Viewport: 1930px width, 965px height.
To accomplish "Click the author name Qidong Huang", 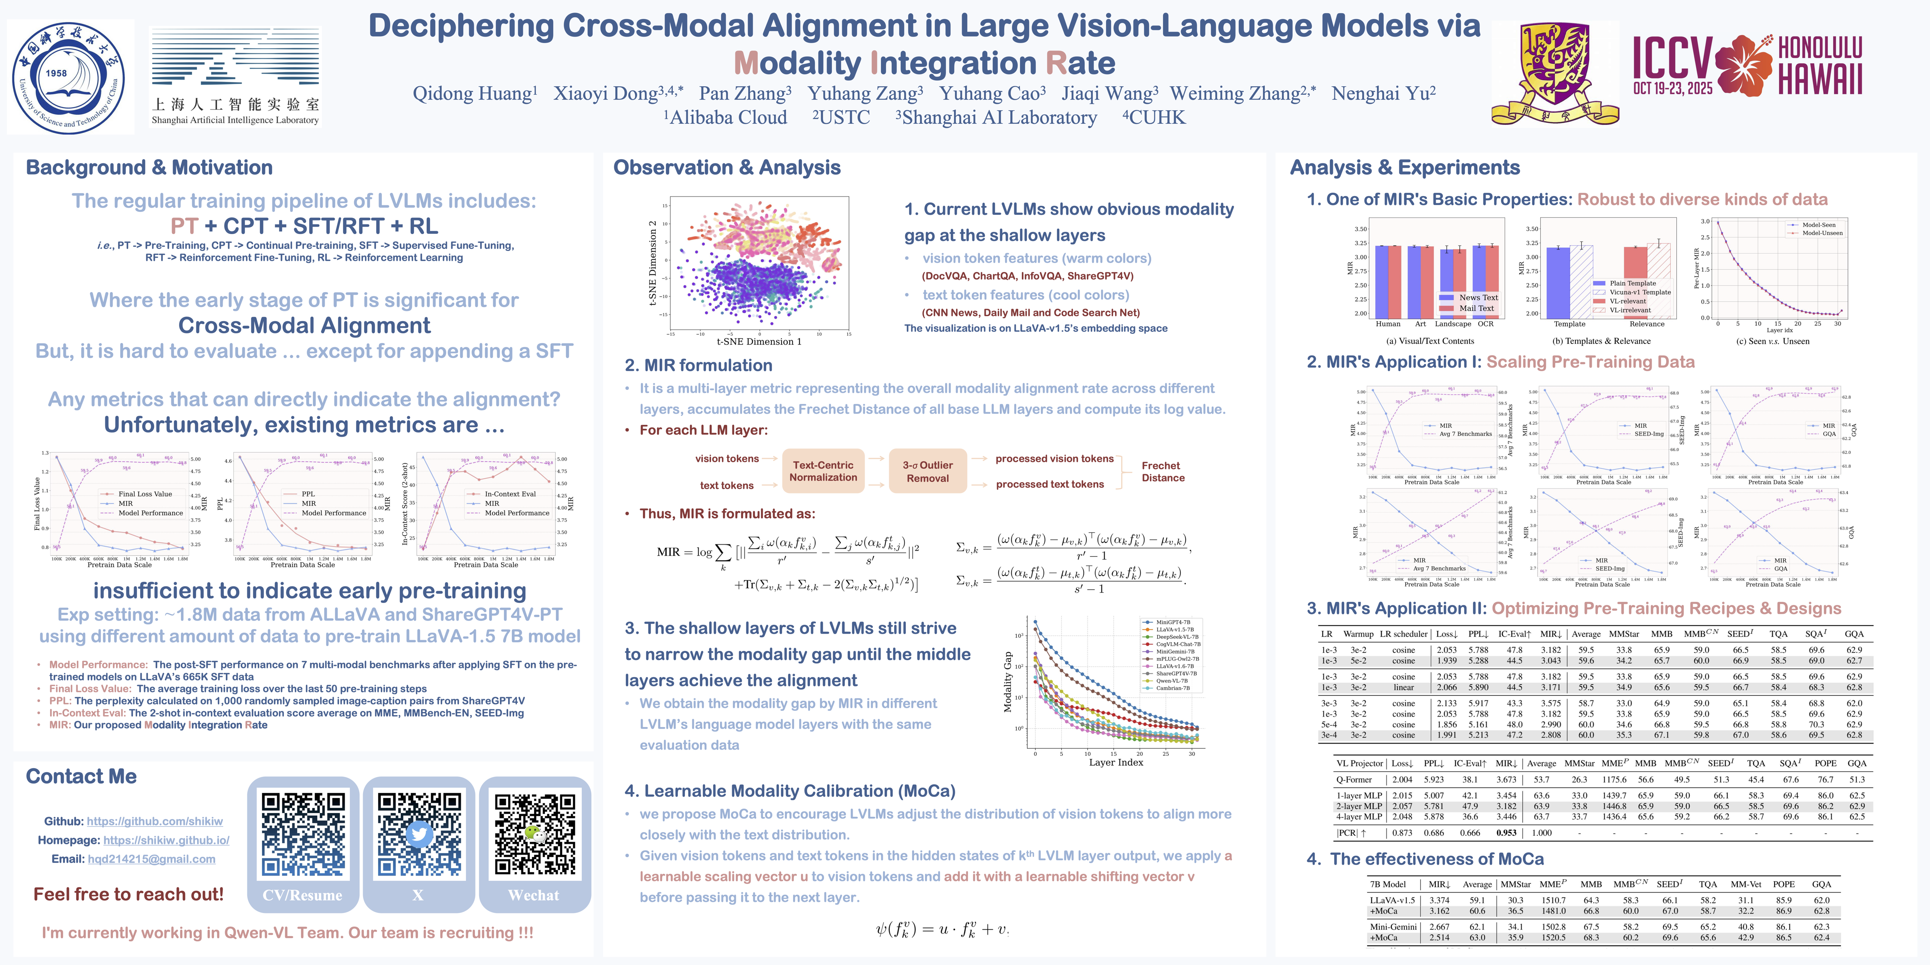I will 474,93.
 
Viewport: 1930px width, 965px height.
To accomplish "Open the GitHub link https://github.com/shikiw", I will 154,821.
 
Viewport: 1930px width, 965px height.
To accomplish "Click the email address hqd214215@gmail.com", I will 151,859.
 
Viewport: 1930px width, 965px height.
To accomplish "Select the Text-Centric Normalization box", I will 823,471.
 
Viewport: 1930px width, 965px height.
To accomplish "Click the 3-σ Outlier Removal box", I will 928,471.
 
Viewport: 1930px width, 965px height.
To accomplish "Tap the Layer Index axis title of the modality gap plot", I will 1116,762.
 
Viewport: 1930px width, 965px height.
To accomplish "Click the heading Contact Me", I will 81,776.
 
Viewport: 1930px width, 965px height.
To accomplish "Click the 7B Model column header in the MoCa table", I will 1388,884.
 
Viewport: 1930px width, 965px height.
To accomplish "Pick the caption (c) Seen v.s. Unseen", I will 1773,341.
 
